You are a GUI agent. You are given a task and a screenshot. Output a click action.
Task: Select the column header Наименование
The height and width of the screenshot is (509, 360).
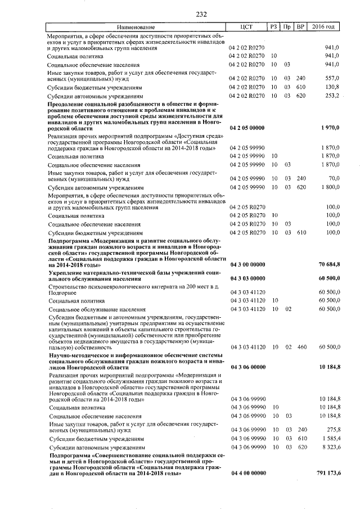[x=135, y=27]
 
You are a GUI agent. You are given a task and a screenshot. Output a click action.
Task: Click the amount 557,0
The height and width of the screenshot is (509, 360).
[x=332, y=78]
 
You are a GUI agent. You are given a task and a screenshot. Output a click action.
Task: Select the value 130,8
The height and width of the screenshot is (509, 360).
[x=332, y=87]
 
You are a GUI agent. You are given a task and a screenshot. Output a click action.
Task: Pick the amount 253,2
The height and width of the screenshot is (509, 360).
[x=332, y=96]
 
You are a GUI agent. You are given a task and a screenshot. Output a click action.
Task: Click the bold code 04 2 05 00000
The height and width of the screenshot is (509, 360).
[x=247, y=128]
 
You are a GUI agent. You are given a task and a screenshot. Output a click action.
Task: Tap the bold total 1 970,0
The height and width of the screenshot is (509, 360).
[x=330, y=128]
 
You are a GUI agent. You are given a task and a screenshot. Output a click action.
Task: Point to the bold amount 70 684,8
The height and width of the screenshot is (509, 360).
[x=328, y=264]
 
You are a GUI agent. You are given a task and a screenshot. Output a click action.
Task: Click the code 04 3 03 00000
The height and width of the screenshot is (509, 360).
[x=247, y=278]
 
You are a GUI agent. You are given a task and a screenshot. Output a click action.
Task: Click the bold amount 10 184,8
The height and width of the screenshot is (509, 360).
[x=328, y=367]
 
